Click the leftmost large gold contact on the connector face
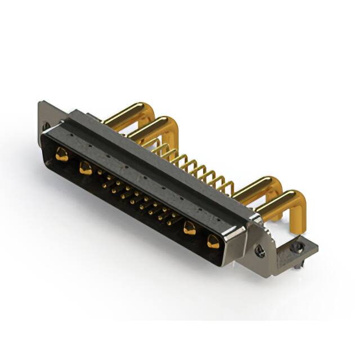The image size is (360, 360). (x=62, y=154)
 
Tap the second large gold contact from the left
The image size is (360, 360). (x=85, y=168)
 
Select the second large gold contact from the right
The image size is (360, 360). (x=190, y=228)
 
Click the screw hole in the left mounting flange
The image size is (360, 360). (x=46, y=125)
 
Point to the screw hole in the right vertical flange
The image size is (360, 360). (x=260, y=251)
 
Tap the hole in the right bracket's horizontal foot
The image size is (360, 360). (x=298, y=246)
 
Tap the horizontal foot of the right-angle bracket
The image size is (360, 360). (x=292, y=250)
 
